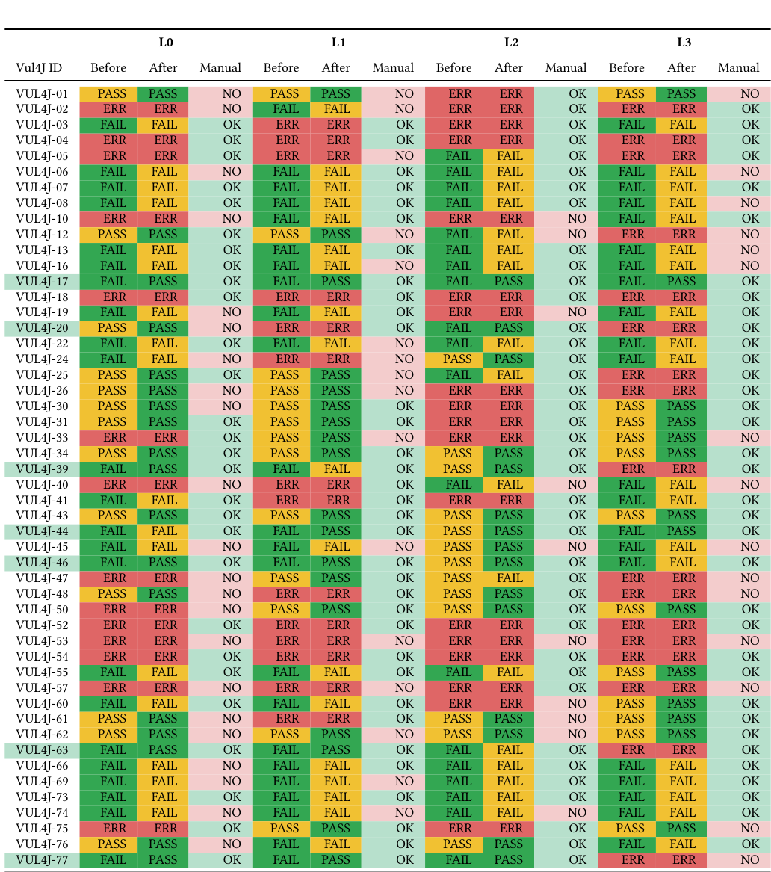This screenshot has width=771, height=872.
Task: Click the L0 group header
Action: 166,43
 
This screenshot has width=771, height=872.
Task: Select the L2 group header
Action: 511,43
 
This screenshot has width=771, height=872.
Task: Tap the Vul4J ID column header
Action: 39,68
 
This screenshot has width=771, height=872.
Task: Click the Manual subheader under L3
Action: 738,68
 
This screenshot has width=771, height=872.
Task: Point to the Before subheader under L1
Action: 281,68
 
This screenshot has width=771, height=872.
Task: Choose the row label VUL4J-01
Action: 42,94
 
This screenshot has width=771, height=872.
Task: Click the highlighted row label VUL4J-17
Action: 42,282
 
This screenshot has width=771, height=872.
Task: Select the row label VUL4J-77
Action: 42,859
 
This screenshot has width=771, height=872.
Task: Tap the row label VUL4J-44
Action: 42,531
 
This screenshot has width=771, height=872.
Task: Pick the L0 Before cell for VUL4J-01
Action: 109,94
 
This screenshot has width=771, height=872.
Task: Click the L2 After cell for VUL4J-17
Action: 509,282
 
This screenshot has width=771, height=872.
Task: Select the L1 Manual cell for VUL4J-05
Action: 394,156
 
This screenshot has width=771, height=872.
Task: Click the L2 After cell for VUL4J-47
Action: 509,578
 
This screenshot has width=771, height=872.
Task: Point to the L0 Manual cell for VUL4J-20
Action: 221,328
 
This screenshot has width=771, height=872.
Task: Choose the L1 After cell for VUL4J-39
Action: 336,469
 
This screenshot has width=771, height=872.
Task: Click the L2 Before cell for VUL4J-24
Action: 454,359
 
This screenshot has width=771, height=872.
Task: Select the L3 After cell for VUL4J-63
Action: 682,750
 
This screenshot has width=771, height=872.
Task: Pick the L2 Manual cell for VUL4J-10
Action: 566,219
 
